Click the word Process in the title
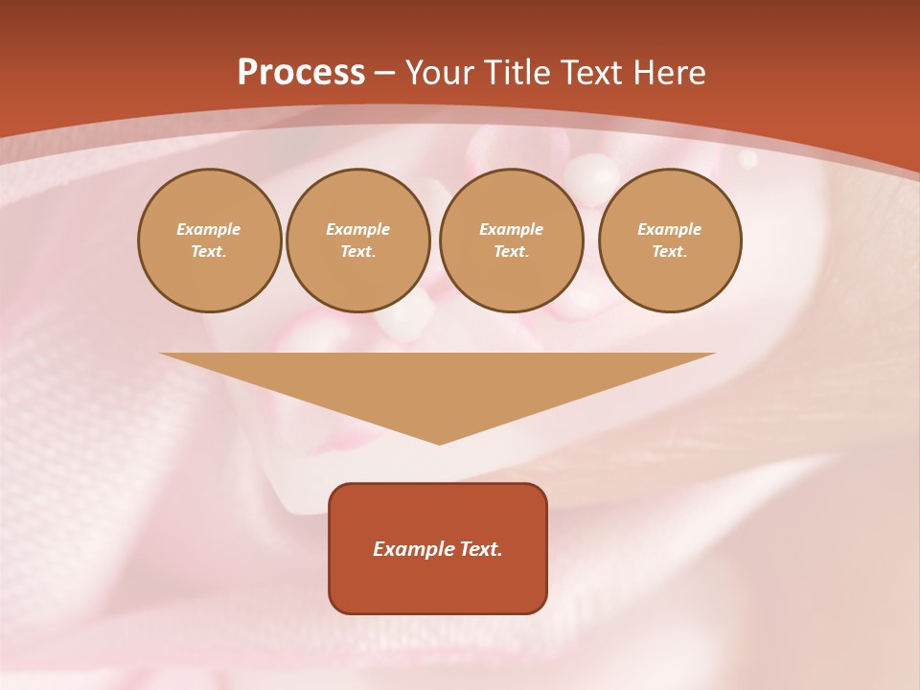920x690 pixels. click(x=301, y=73)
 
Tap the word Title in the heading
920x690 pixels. click(x=519, y=73)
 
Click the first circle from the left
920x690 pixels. click(x=209, y=241)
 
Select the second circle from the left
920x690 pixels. click(x=357, y=241)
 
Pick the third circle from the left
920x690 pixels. click(x=511, y=241)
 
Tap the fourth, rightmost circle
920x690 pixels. click(x=669, y=241)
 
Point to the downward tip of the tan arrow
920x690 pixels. click(x=439, y=442)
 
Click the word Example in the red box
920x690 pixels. click(x=414, y=549)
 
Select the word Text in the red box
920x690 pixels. click(x=481, y=549)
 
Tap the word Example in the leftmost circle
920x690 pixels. click(x=209, y=229)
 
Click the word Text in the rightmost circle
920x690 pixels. click(x=669, y=252)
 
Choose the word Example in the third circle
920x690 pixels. click(x=511, y=229)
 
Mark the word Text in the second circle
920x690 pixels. click(x=357, y=252)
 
